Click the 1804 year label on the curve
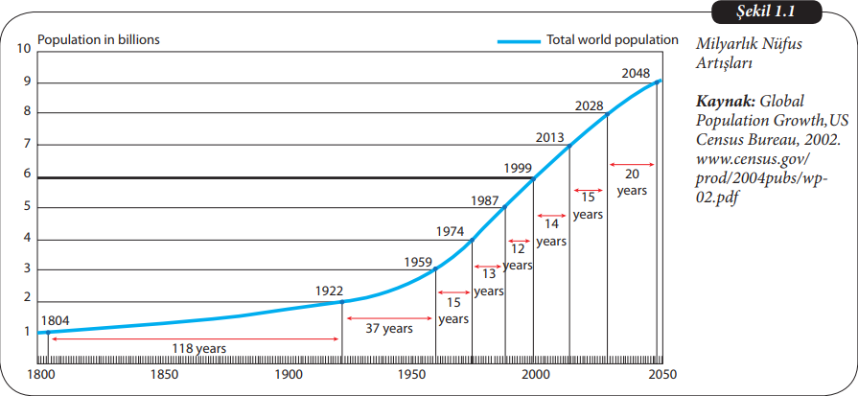coord(55,321)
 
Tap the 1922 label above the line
coord(330,290)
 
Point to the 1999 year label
coord(518,168)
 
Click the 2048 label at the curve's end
coord(635,73)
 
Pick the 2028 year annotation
coord(589,105)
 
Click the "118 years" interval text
coord(199,348)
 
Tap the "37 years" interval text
coord(388,328)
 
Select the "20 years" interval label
coord(632,181)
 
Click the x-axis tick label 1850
coord(164,374)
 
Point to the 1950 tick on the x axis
coord(411,374)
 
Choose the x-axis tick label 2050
coord(661,374)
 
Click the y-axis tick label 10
coord(24,46)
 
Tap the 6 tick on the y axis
coord(27,175)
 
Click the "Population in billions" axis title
coord(98,40)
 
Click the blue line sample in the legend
coord(518,41)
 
